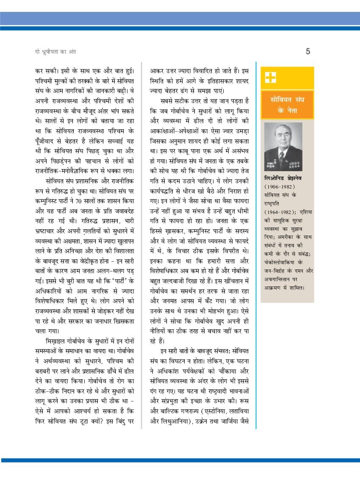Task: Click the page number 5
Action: click(308, 52)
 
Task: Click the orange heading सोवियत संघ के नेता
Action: click(287, 104)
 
